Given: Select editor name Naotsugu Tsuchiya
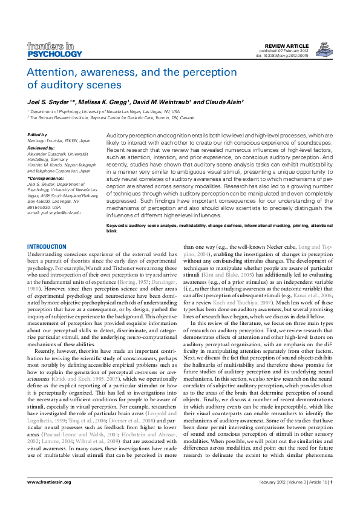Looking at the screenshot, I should (50, 140).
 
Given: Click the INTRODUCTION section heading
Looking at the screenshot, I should (47, 247).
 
